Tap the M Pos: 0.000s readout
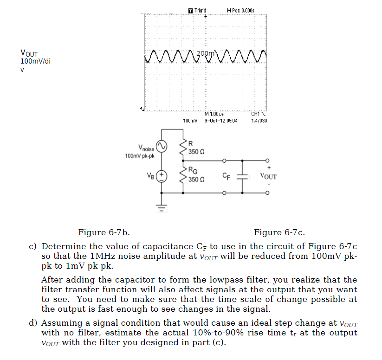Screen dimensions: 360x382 point(240,10)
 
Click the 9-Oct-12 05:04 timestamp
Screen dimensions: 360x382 point(220,121)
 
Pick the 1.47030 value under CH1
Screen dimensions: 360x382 point(259,121)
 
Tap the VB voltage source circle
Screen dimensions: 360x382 point(162,176)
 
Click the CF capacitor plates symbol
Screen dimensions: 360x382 point(242,176)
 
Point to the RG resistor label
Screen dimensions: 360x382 point(193,170)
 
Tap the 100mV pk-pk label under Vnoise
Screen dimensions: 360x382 point(140,156)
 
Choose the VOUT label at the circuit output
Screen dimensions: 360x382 point(268,177)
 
